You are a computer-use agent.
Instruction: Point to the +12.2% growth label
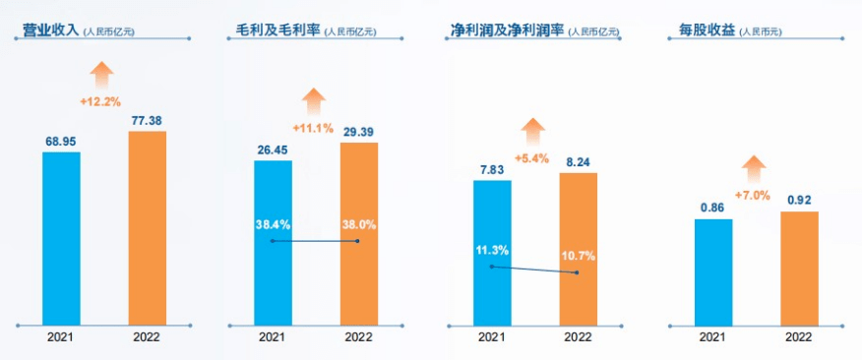pos(100,101)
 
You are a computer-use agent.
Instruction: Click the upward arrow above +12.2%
pos(101,75)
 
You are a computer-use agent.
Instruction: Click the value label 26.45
pos(273,150)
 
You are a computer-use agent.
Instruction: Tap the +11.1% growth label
pos(313,128)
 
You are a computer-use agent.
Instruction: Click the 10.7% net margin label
pos(579,256)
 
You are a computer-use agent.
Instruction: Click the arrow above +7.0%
pos(754,168)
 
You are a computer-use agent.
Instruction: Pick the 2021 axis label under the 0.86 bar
pos(712,337)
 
